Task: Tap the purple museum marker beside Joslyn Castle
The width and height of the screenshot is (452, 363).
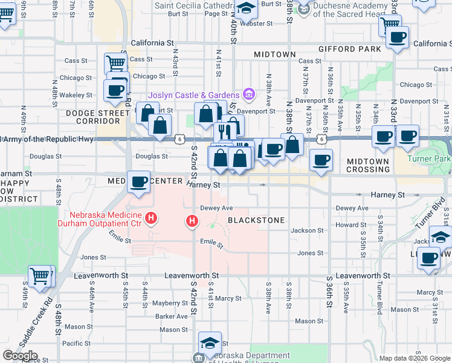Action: (248, 94)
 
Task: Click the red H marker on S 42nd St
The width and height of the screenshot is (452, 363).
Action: (192, 221)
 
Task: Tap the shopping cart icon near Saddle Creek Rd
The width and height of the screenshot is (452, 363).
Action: (40, 276)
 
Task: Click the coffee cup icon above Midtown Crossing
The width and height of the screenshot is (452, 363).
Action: (321, 160)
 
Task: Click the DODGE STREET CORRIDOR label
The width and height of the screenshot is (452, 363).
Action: (89, 117)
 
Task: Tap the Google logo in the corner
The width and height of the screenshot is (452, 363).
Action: (20, 356)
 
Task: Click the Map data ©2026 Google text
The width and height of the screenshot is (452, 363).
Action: (415, 358)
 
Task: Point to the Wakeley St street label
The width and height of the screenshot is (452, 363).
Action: (76, 95)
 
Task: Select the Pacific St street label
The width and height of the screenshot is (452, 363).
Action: (76, 343)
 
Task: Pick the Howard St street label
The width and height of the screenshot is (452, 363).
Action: (347, 224)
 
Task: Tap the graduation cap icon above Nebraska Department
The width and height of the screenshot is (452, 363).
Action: (210, 342)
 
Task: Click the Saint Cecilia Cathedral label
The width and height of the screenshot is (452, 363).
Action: (193, 5)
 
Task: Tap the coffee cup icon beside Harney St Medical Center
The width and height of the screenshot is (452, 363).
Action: (138, 181)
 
